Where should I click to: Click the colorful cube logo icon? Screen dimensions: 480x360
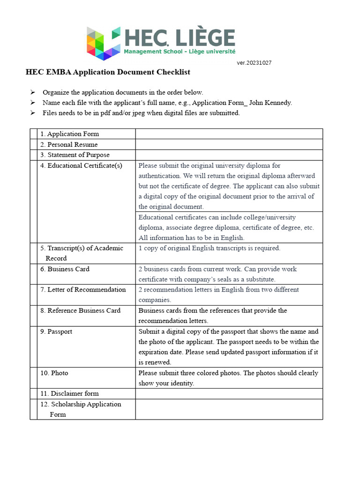103,43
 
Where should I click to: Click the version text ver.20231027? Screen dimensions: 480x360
254,63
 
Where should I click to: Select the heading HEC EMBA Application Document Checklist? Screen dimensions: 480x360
107,72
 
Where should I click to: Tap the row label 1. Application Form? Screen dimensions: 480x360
69,134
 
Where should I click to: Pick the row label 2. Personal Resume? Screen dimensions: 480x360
69,144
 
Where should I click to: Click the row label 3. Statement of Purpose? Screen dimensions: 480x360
75,155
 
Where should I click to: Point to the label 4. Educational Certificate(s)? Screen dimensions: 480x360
81,165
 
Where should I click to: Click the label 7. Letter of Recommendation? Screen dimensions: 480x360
83,290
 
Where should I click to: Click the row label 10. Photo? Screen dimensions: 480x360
54,373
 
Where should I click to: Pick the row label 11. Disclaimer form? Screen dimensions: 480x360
69,393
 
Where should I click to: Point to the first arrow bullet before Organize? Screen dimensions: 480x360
33,92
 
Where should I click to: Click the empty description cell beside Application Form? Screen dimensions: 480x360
229,134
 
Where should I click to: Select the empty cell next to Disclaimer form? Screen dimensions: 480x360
229,393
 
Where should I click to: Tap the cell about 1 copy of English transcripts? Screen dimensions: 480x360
210,248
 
